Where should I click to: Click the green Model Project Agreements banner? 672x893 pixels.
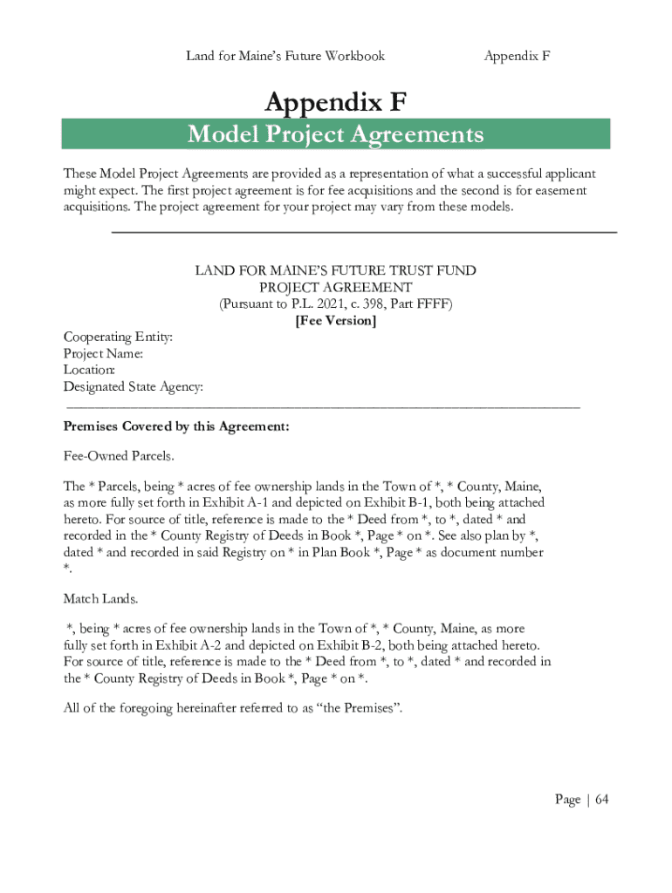pyautogui.click(x=336, y=135)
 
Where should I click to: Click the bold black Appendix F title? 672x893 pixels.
pyautogui.click(x=336, y=103)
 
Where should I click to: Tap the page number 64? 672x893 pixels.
pyautogui.click(x=601, y=800)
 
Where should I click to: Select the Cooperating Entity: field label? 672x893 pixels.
pyautogui.click(x=118, y=337)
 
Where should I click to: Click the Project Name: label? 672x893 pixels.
pyautogui.click(x=103, y=353)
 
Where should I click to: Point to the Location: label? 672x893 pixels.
pyautogui.click(x=89, y=370)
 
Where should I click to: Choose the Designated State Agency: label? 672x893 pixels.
pyautogui.click(x=134, y=386)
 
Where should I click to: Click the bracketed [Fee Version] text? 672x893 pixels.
pyautogui.click(x=336, y=321)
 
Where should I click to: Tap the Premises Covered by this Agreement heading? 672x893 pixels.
pyautogui.click(x=176, y=427)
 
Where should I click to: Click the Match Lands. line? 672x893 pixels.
pyautogui.click(x=100, y=599)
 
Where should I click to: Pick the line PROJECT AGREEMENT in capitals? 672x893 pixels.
pyautogui.click(x=336, y=288)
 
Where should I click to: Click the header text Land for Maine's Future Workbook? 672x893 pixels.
pyautogui.click(x=285, y=56)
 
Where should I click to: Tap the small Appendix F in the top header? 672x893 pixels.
pyautogui.click(x=517, y=56)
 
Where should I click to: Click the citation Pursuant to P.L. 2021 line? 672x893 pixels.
pyautogui.click(x=336, y=304)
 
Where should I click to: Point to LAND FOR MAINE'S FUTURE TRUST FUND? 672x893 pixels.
pyautogui.click(x=336, y=271)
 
